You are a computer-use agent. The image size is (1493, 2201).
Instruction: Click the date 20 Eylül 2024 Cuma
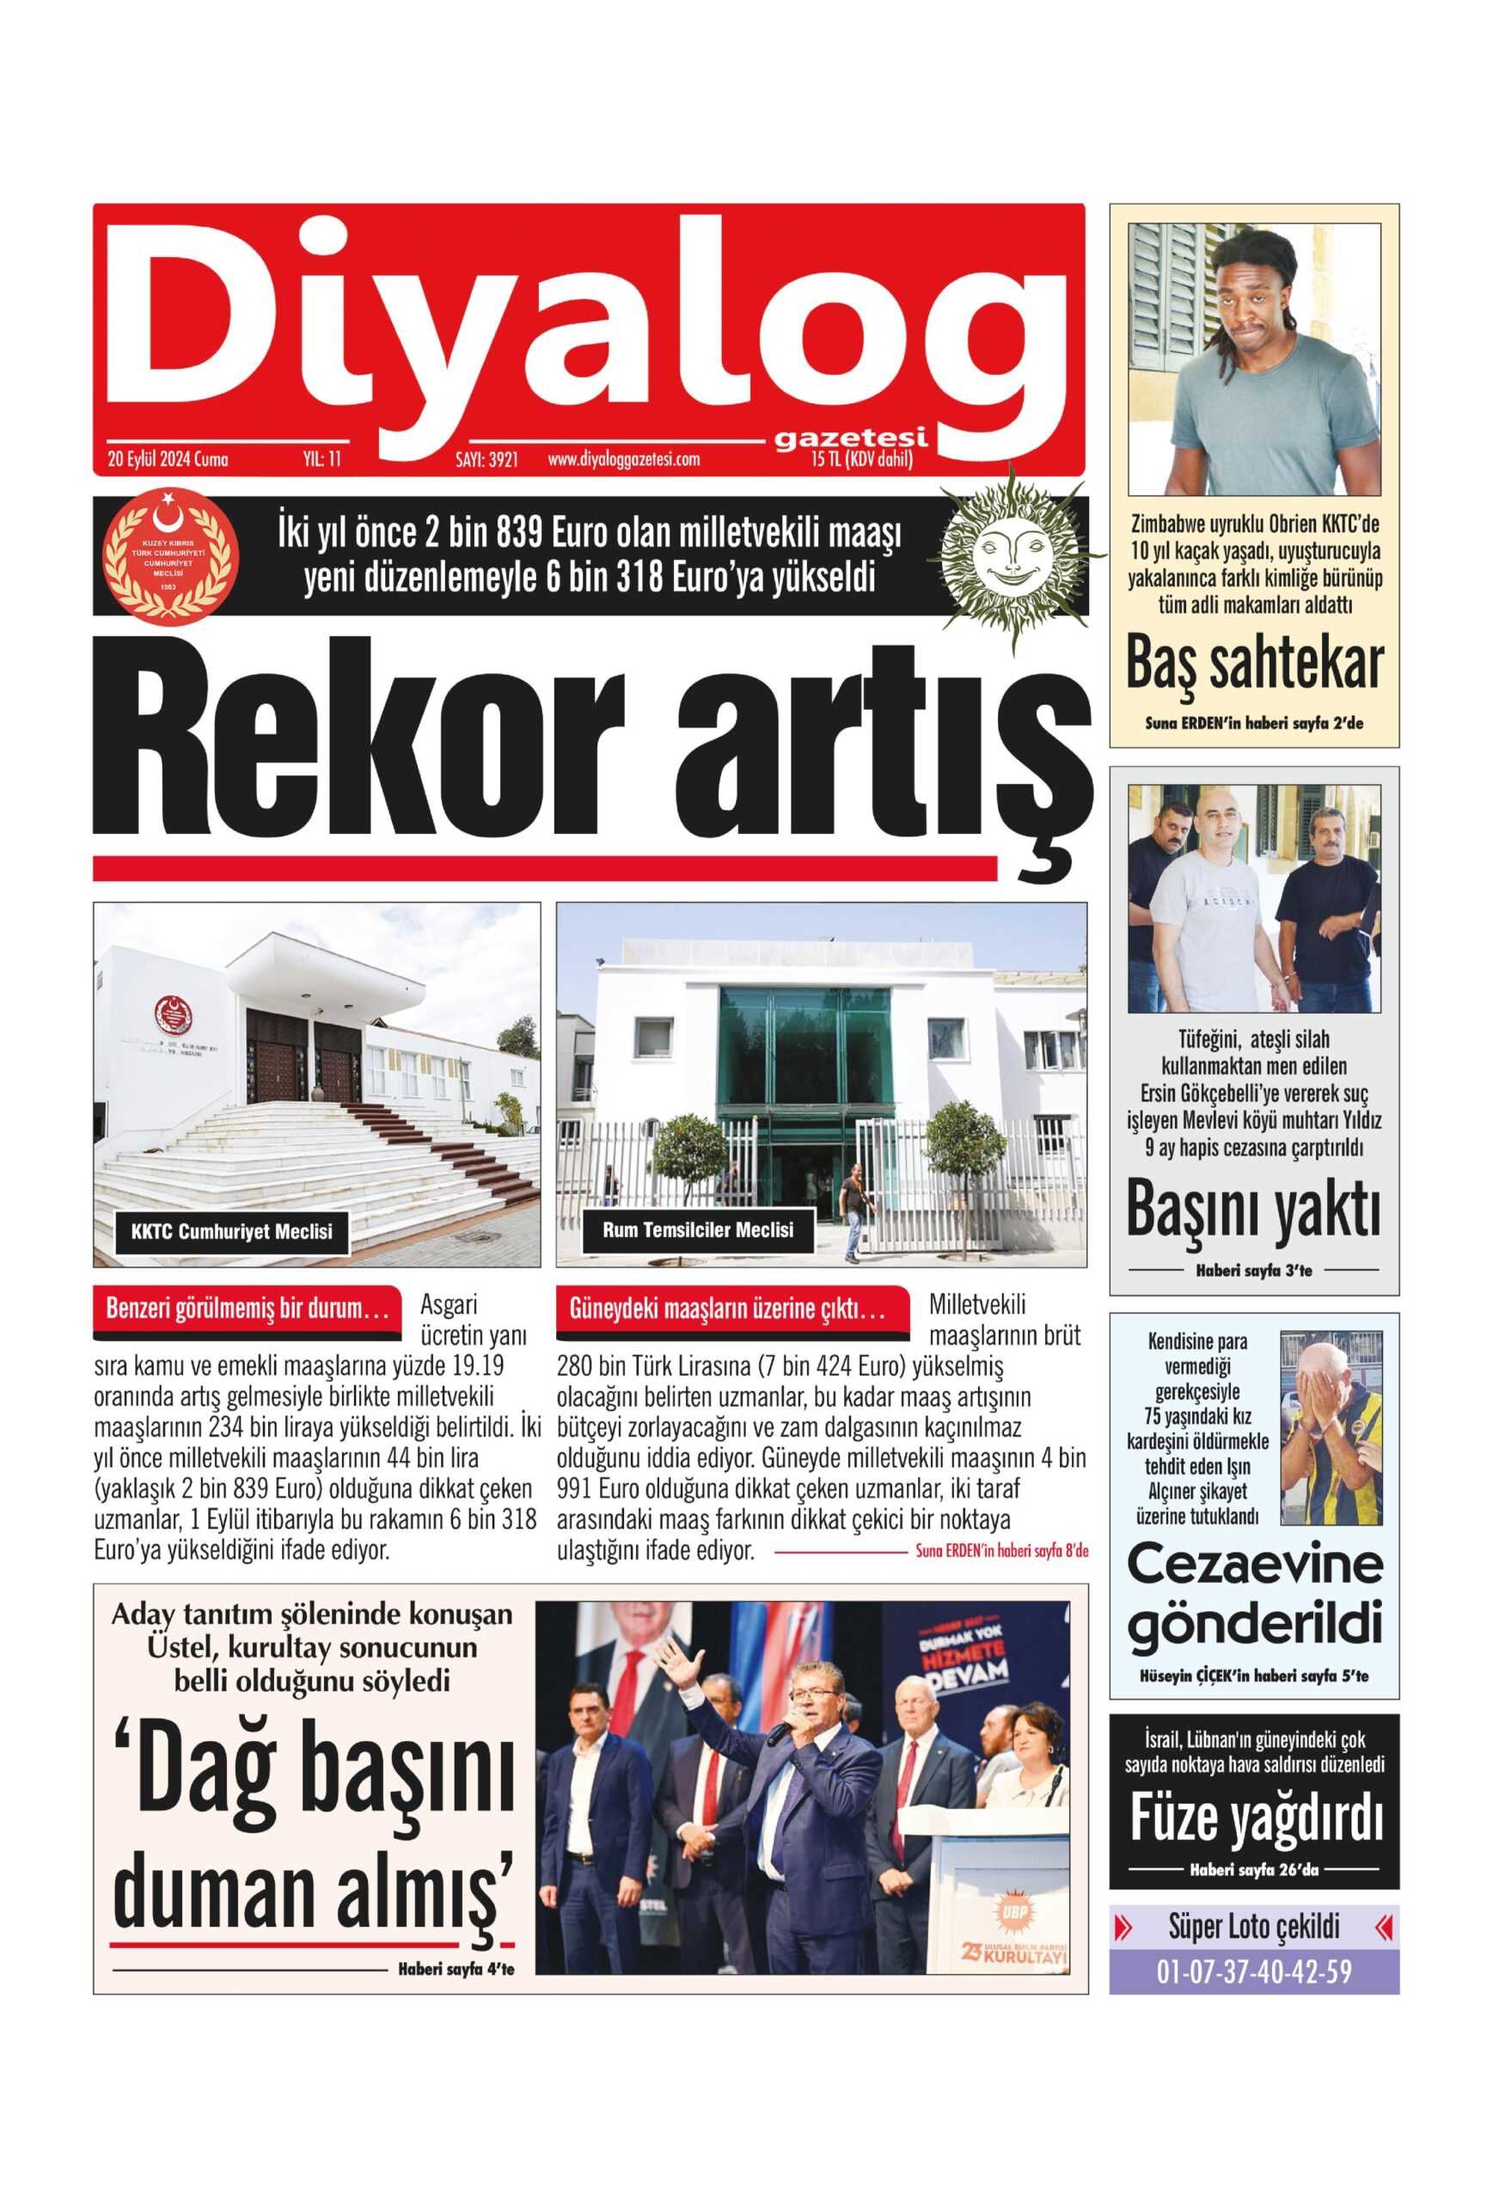168,460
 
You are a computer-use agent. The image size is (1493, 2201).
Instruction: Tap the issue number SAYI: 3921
486,460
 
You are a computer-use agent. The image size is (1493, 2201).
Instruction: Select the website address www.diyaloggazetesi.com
623,460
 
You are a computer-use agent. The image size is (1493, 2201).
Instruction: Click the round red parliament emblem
170,556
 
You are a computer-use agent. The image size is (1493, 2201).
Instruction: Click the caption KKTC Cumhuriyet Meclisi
232,1232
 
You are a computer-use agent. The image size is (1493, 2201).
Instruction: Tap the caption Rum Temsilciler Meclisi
698,1229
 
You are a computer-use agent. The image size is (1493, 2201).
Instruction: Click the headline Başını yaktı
1253,1210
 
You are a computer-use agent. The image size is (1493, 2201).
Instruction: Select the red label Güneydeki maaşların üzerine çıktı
726,1309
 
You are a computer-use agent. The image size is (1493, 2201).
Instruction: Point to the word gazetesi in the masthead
849,438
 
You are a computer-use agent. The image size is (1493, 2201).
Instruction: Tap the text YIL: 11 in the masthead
321,460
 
